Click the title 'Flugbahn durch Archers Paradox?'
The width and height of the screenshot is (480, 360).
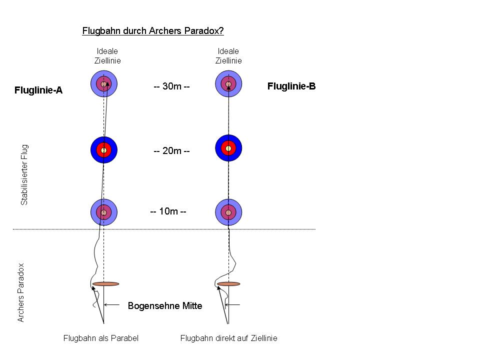coord(152,31)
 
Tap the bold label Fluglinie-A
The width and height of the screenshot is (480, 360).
coord(38,90)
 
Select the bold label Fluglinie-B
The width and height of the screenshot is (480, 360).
coord(291,86)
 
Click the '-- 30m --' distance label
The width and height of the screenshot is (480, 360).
coord(171,86)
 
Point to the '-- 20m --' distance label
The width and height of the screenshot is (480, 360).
coord(171,150)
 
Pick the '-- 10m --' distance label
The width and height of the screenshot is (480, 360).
coord(168,211)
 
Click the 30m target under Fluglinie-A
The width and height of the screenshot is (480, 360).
coord(103,83)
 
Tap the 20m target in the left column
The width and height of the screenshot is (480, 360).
coord(103,149)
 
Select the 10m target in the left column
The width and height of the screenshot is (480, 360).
coord(103,212)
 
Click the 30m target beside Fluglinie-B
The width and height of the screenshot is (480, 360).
coord(228,83)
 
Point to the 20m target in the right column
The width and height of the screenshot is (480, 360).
coord(228,148)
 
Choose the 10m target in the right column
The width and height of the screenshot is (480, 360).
coord(228,212)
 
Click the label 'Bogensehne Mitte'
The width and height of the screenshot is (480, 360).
coord(165,305)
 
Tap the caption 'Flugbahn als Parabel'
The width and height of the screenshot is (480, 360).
coord(100,338)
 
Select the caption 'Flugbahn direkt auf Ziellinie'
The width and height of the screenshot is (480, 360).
coord(228,338)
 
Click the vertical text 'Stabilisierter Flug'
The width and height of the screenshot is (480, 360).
coord(24,175)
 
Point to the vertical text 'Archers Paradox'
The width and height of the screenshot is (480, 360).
coord(21,292)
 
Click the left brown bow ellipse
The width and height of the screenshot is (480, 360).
coord(105,284)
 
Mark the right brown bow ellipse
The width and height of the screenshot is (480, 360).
coord(228,284)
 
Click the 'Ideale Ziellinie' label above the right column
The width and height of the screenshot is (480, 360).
coord(228,56)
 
